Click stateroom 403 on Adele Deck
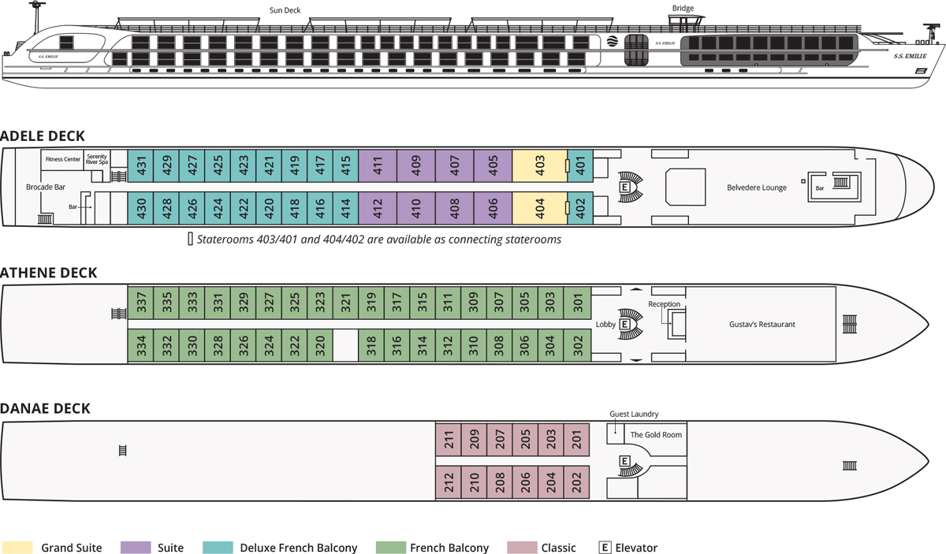(x=540, y=165)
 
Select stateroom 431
(x=141, y=165)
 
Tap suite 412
(x=378, y=208)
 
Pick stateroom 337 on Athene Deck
(x=141, y=301)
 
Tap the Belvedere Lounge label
(x=757, y=188)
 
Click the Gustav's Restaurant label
(x=762, y=324)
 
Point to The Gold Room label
(x=656, y=434)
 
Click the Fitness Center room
(x=63, y=159)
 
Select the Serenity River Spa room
(x=96, y=159)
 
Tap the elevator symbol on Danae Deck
(x=624, y=461)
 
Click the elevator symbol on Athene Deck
(x=624, y=324)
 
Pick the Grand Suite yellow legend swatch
(x=17, y=548)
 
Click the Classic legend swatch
(x=521, y=548)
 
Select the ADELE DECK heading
(x=43, y=136)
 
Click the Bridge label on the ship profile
(x=683, y=9)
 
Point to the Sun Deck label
(x=285, y=10)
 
